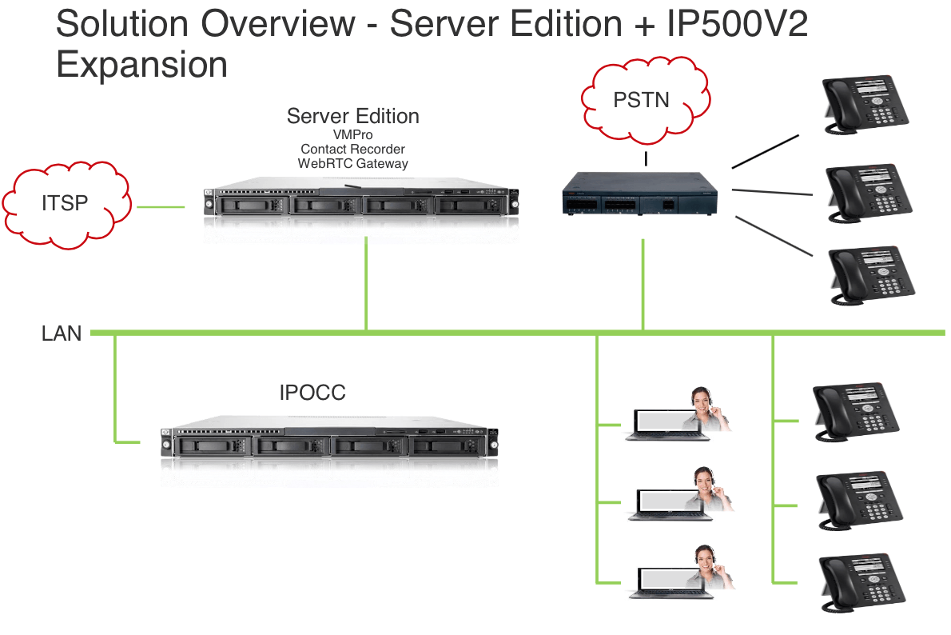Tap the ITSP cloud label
[65, 203]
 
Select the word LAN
[62, 333]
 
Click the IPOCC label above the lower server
[312, 392]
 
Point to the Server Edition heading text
[352, 116]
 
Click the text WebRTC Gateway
[352, 163]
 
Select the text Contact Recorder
[352, 149]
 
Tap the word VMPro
[352, 134]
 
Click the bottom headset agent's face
[704, 557]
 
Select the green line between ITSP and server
[160, 208]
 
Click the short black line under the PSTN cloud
[646, 159]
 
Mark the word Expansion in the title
[141, 64]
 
